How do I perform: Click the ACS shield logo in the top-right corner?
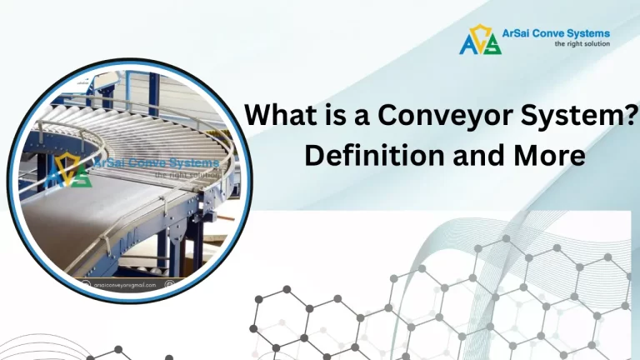[x=480, y=39]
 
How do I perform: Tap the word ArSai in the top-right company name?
[x=521, y=34]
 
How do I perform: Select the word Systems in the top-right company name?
[x=588, y=34]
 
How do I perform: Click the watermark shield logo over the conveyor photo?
[x=67, y=169]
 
